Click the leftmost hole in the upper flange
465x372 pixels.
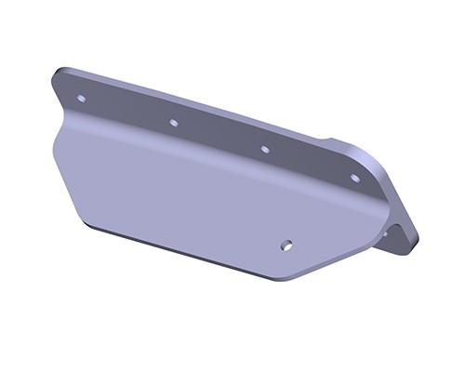coord(81,97)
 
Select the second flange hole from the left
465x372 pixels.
coord(173,122)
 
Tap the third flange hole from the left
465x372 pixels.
coord(264,149)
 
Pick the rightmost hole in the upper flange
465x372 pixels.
coord(354,177)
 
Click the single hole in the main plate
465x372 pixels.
coord(286,246)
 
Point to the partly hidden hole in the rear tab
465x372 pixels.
coord(384,233)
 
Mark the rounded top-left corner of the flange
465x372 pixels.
coord(61,74)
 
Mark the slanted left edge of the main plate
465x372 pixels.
coord(65,177)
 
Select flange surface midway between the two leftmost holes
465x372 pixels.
coord(127,110)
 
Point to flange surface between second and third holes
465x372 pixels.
coord(219,136)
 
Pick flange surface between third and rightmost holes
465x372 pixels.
coord(310,163)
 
